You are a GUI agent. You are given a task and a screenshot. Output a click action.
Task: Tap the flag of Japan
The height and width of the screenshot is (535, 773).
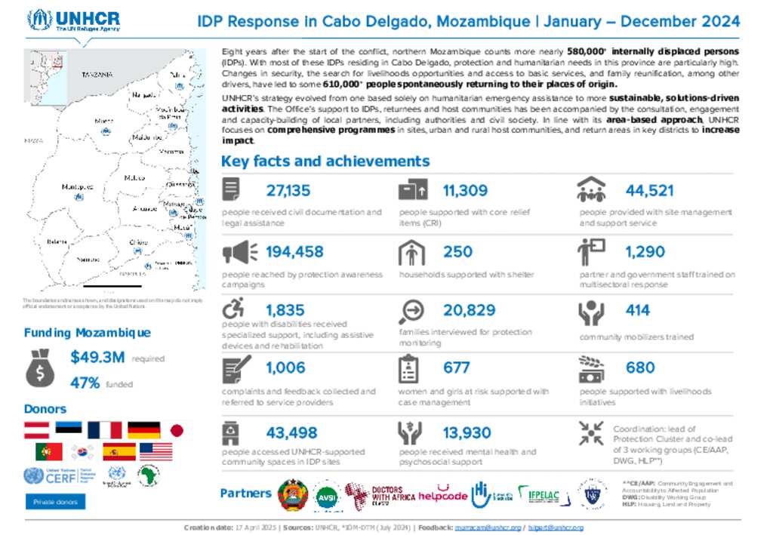pyautogui.click(x=177, y=430)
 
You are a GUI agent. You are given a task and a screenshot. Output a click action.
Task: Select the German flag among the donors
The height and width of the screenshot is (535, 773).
pyautogui.click(x=143, y=430)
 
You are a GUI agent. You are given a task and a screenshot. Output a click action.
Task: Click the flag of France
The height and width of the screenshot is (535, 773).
pyautogui.click(x=104, y=430)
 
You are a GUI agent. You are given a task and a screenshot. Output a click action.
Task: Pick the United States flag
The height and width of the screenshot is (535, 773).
pyautogui.click(x=156, y=452)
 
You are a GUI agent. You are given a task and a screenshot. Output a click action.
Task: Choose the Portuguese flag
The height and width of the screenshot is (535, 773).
pyautogui.click(x=49, y=452)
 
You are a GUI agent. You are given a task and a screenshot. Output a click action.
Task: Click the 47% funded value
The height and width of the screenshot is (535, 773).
pyautogui.click(x=85, y=383)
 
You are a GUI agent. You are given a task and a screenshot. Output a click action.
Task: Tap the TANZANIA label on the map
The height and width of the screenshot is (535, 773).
pyautogui.click(x=97, y=75)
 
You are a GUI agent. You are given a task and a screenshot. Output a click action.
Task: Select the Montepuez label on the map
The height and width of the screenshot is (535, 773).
pyautogui.click(x=77, y=186)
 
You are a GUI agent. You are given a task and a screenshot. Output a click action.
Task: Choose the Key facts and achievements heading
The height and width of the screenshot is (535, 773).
pyautogui.click(x=325, y=161)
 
